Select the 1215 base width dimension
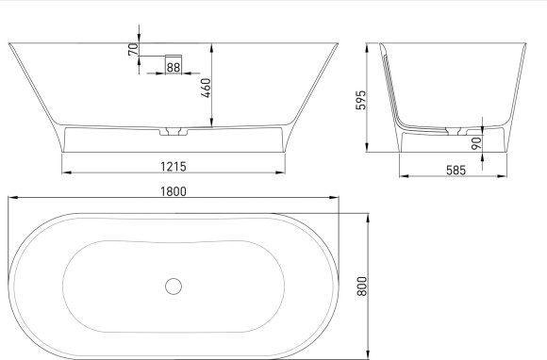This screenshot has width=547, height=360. [x=173, y=166]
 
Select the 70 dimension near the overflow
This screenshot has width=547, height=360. [x=133, y=46]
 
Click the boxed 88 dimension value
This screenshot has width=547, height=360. [x=174, y=66]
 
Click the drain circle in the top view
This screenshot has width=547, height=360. [x=174, y=286]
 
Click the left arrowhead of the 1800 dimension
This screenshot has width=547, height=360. [x=11, y=198]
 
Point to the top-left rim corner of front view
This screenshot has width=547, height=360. [x=9, y=42]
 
